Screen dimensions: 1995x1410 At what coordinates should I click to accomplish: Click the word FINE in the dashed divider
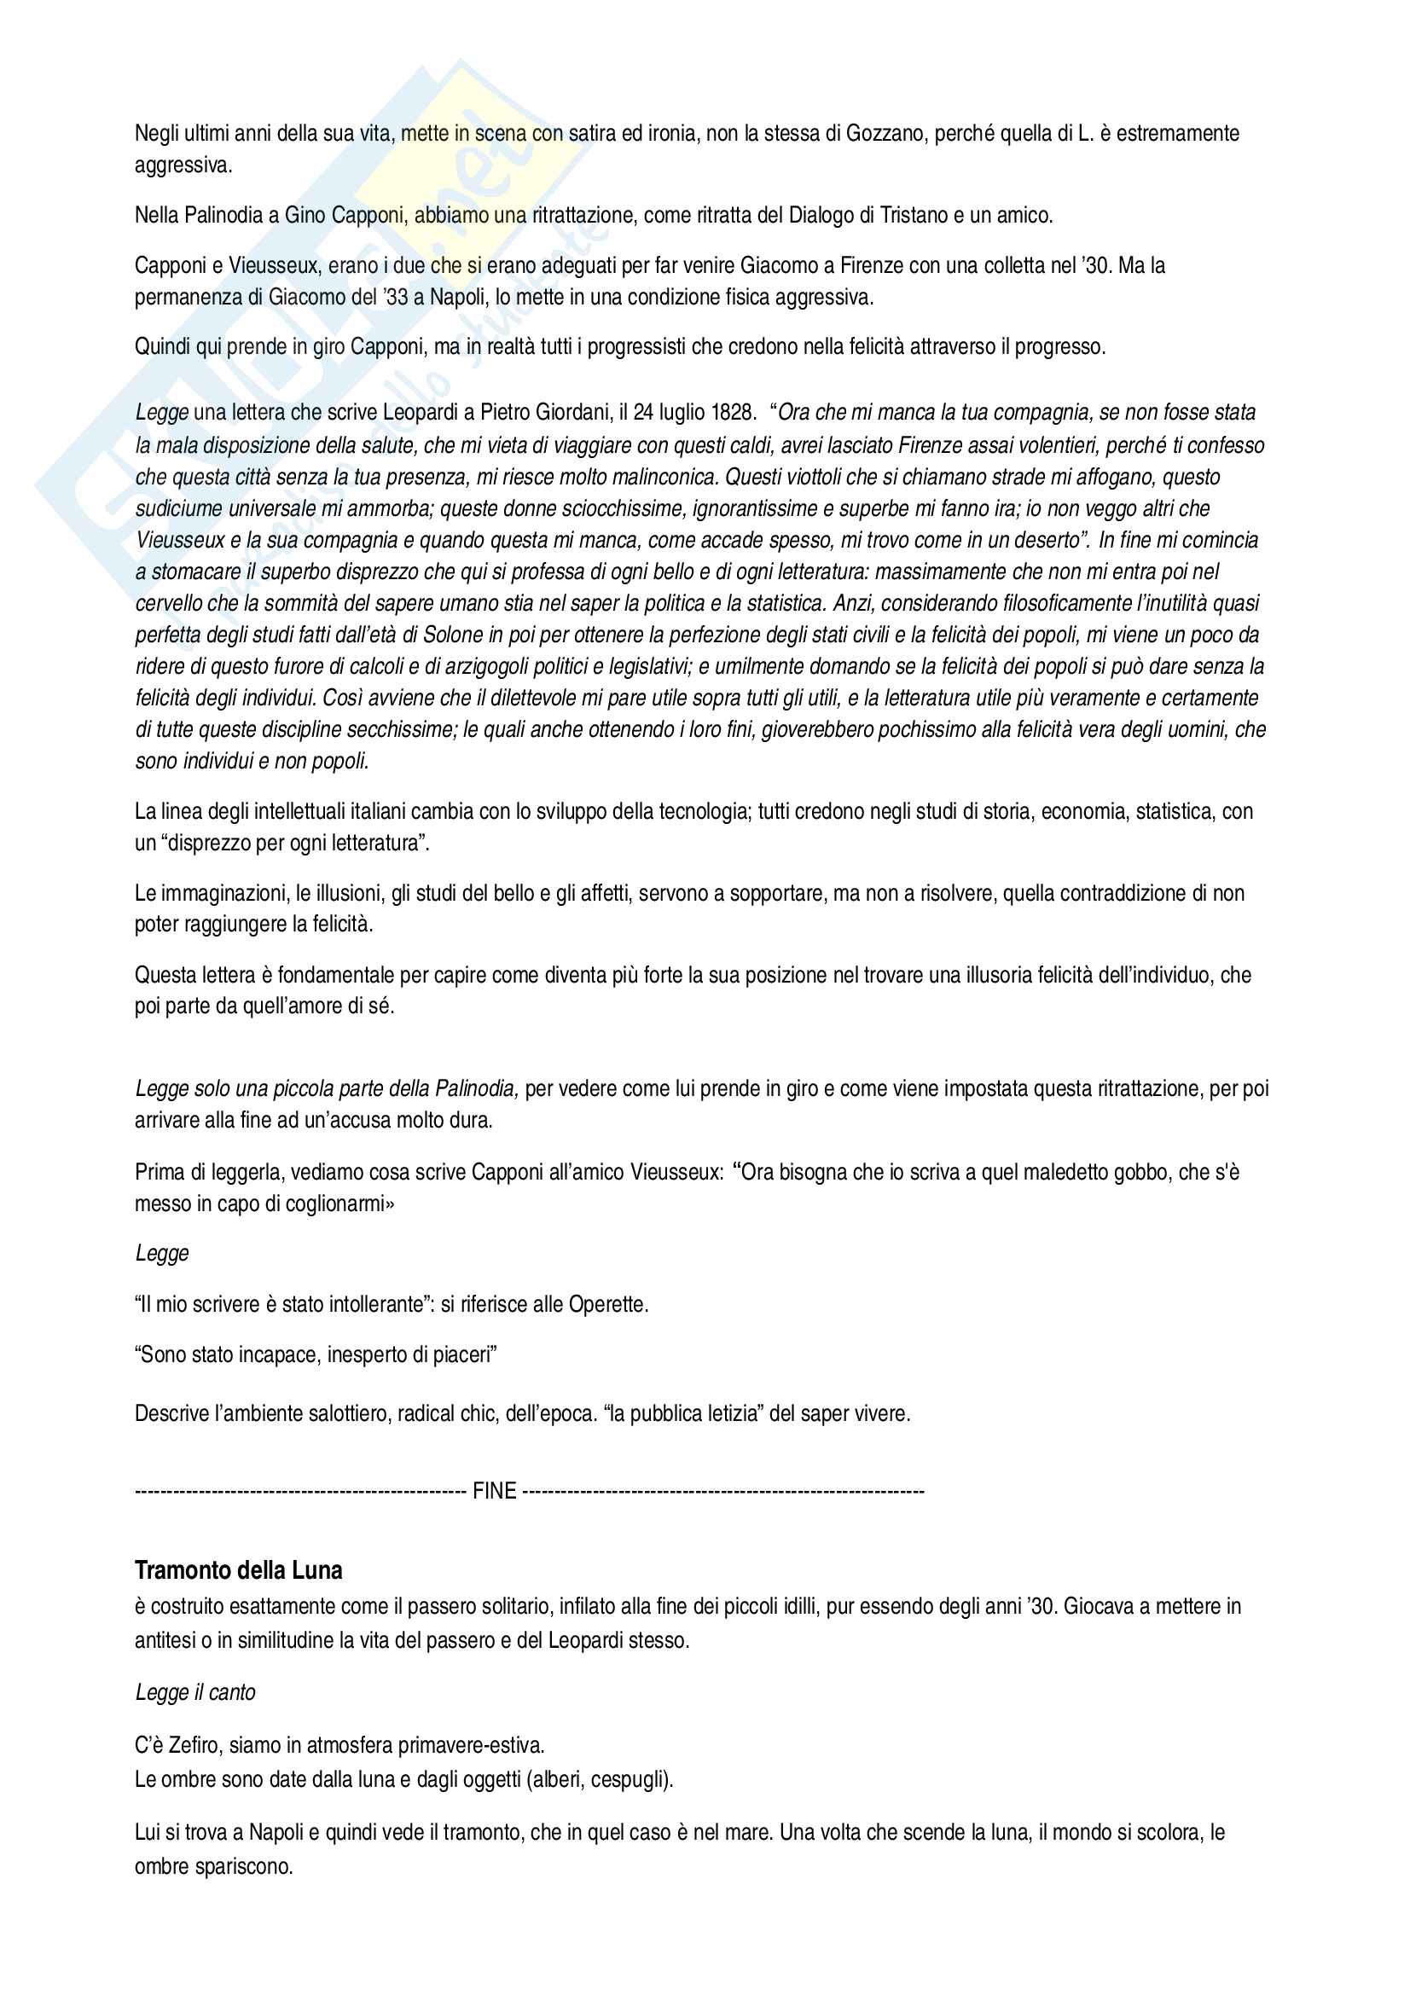495,1491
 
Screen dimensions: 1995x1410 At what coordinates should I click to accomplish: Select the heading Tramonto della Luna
239,1571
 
